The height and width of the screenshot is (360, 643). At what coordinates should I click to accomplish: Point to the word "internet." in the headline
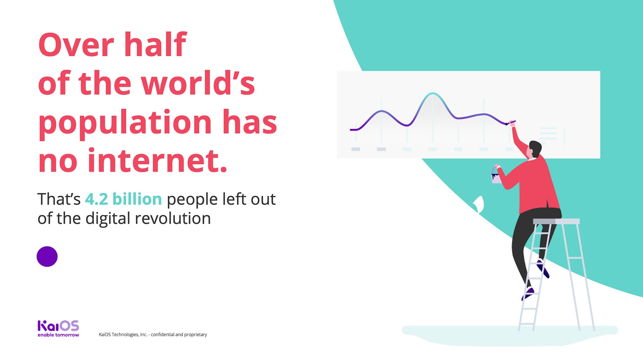click(x=158, y=160)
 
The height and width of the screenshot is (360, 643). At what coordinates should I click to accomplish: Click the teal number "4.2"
click(x=96, y=199)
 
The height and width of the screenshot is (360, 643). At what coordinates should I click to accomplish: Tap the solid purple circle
click(x=47, y=256)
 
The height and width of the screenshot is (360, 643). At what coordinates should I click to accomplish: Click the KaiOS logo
click(x=58, y=326)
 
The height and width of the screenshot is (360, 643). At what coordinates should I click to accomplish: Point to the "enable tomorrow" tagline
click(x=58, y=335)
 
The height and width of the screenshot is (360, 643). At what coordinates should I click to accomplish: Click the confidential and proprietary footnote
click(x=153, y=335)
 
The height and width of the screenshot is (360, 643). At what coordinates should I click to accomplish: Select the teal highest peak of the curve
click(x=433, y=94)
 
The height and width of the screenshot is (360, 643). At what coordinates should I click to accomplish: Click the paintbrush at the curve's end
click(x=511, y=123)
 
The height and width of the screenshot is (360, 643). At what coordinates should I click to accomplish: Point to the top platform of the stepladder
click(x=556, y=221)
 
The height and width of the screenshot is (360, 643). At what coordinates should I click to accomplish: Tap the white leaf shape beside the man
click(x=479, y=204)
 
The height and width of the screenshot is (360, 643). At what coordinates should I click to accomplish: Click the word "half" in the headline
click(x=155, y=44)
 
